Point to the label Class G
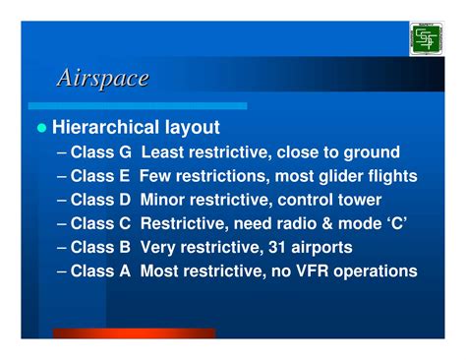pyautogui.click(x=102, y=152)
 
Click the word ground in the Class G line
pyautogui.click(x=373, y=152)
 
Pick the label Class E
pyautogui.click(x=101, y=176)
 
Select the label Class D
pyautogui.click(x=102, y=200)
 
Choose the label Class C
pyautogui.click(x=102, y=223)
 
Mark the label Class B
pyautogui.click(x=102, y=247)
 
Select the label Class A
pyautogui.click(x=102, y=270)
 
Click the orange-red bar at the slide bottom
pyautogui.click(x=133, y=333)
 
